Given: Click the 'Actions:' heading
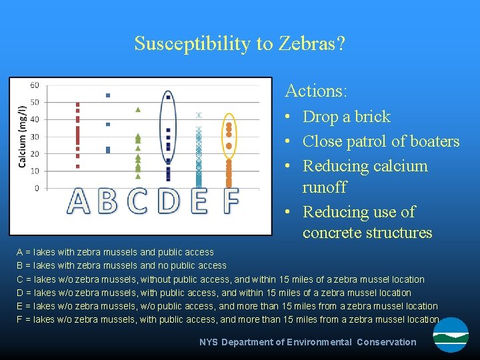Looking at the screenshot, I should click(x=316, y=90).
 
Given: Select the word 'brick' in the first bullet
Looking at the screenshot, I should click(x=373, y=117).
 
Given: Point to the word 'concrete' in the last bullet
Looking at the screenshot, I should click(x=333, y=233).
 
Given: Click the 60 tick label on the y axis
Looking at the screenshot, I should click(x=35, y=85).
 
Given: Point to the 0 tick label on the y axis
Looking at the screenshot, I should click(x=37, y=188).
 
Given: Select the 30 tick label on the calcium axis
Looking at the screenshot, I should click(x=35, y=137).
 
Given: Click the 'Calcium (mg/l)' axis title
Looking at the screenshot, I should click(x=23, y=137).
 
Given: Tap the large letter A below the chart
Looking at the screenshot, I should click(x=79, y=201).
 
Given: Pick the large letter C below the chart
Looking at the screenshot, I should click(x=137, y=201).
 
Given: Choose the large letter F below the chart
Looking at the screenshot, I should click(x=230, y=201).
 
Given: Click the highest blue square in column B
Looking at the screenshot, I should click(x=108, y=95).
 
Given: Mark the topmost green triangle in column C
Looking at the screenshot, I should click(x=137, y=109).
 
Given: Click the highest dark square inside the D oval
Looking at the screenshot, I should click(x=168, y=97).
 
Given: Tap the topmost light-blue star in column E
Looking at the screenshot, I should click(x=198, y=115).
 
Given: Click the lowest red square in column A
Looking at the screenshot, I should click(x=78, y=166).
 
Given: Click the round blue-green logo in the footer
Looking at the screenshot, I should click(x=451, y=335).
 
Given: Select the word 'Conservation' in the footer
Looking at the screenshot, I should click(x=386, y=342).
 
